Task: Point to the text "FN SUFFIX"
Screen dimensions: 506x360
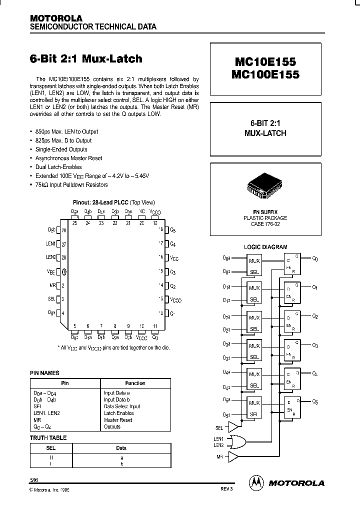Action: point(265,212)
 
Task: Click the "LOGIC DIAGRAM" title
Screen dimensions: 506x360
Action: point(265,247)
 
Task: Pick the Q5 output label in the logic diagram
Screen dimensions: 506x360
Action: point(315,402)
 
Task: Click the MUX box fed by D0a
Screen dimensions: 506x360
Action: point(254,260)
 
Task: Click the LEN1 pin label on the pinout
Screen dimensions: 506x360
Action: point(51,244)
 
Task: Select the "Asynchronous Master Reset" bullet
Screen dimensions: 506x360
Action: point(69,158)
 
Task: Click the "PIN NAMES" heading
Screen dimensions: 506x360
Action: point(44,373)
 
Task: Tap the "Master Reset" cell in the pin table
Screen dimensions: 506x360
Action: point(118,420)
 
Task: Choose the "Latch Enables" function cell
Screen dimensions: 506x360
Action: point(118,413)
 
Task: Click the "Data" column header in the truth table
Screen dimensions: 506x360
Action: point(121,448)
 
